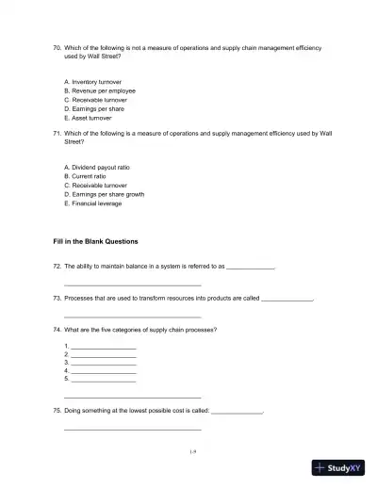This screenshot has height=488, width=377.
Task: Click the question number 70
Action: click(x=57, y=46)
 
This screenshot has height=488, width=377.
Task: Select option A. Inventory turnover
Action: click(x=92, y=82)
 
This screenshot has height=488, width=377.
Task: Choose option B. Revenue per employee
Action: click(x=98, y=90)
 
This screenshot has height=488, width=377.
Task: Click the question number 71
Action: click(x=57, y=134)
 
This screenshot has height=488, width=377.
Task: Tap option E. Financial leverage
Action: click(x=92, y=203)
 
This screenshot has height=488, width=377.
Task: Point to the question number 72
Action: click(x=57, y=267)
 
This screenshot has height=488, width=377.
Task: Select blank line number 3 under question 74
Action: click(x=103, y=363)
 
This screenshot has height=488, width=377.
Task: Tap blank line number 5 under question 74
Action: click(x=103, y=379)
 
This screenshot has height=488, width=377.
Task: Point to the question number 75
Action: click(x=57, y=412)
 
